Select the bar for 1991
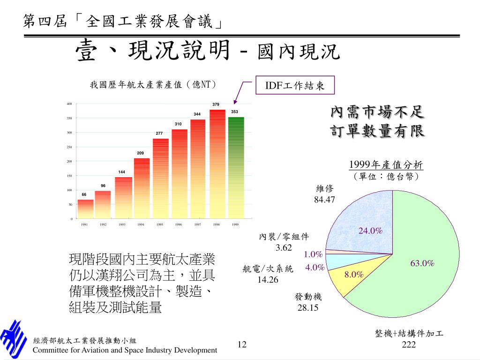pos(85,209)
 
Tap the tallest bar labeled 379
pos(217,164)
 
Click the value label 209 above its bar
pos(140,153)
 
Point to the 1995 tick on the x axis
pos(160,225)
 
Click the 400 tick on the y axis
pos(69,104)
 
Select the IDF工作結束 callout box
pos(295,85)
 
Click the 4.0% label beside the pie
pos(315,268)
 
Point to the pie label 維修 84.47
pos(324,195)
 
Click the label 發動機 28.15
pos(308,302)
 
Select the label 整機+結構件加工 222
pos(409,339)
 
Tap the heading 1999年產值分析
pos(386,165)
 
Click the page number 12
pos(242,345)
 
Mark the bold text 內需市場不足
pos(377,112)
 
